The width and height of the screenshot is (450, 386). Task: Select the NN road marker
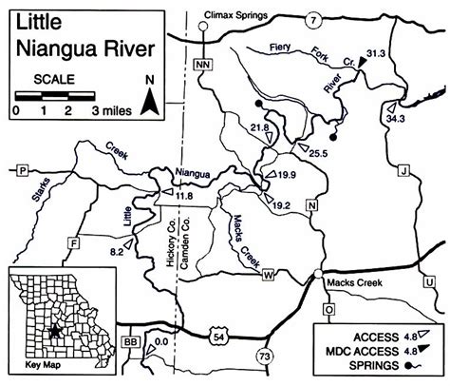(199, 64)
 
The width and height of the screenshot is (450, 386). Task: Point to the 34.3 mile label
(396, 118)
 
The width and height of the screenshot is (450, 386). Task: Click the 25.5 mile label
(318, 152)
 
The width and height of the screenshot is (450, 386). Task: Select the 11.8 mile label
(183, 195)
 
